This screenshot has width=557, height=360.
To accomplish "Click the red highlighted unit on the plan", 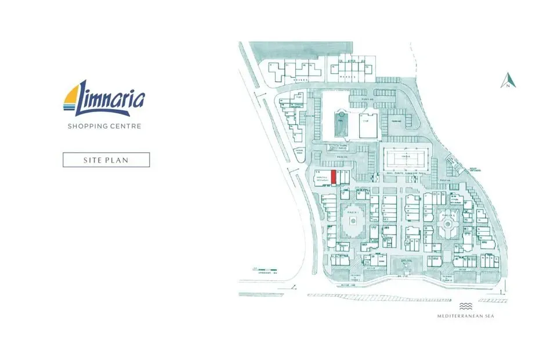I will click(334, 177).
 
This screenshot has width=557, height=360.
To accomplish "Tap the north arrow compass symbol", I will click(508, 80).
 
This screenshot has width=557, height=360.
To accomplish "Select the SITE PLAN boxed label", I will click(106, 160).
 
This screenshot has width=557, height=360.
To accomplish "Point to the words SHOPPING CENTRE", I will click(104, 126).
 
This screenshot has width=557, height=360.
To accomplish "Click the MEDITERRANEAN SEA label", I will click(465, 316).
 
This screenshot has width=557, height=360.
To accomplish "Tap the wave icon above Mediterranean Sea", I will click(465, 306).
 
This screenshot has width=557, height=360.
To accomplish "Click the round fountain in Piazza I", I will click(353, 221).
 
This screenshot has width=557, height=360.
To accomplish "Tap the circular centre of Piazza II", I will click(447, 222).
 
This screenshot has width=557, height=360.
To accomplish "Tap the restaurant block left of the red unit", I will click(320, 177).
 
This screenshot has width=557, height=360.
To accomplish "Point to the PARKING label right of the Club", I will click(395, 121).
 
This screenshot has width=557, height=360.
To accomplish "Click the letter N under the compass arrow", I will click(508, 86).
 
